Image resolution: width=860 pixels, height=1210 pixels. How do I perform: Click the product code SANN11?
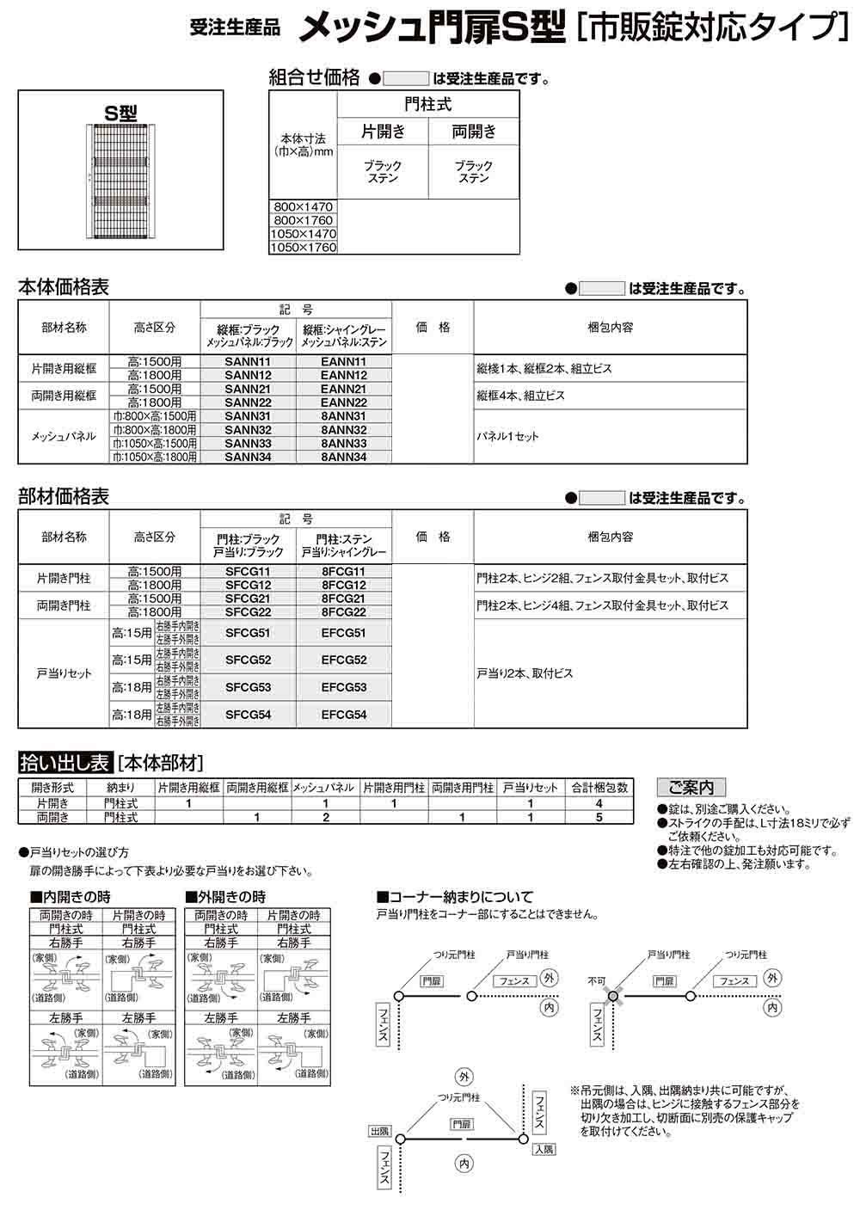point(248,362)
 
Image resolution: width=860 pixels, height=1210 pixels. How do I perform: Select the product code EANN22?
point(343,402)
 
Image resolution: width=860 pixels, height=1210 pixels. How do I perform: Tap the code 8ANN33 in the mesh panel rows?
point(343,444)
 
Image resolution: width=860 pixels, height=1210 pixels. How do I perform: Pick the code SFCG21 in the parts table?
point(248,599)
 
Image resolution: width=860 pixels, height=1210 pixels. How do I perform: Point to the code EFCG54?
point(343,715)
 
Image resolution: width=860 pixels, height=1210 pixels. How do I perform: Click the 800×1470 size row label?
point(302,207)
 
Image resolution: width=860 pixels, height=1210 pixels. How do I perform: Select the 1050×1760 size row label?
point(303,247)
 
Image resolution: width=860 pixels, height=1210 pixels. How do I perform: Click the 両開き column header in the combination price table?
point(474,132)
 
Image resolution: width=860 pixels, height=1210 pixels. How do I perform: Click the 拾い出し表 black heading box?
point(65,761)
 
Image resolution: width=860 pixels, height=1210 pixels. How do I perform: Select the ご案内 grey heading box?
point(691,787)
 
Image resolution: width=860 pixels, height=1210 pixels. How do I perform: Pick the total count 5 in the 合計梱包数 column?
point(599,817)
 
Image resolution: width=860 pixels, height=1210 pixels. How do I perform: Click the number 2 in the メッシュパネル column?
point(326,817)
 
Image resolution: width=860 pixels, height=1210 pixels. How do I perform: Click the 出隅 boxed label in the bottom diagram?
point(379,1130)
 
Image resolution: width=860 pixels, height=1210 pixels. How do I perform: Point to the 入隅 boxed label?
point(544,1149)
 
